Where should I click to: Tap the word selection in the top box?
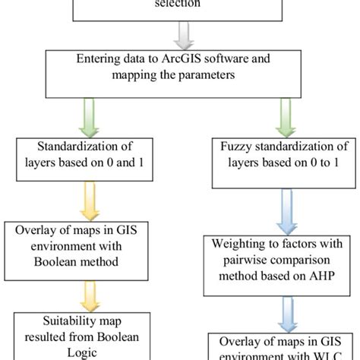coord(179,3)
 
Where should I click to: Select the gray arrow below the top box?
coord(179,33)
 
